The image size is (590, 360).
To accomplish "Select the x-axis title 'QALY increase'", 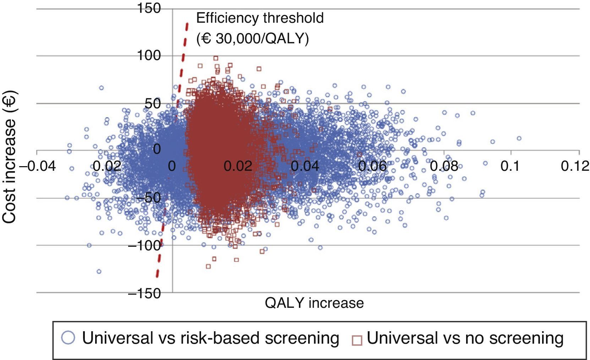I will coord(314,303).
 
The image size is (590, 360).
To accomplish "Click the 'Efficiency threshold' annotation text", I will coord(260,18).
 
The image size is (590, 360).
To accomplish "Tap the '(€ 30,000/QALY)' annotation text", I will coord(252,38).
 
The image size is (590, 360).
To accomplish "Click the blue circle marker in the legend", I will coord(68,338).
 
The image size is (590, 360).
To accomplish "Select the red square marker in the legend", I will coord(357,340).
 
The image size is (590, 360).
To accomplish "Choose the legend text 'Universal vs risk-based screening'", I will coord(211,338).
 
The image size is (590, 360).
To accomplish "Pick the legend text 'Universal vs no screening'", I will coord(465,338).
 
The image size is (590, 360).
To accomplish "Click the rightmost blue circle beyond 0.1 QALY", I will coord(519,138).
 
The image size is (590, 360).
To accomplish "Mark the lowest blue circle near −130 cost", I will coord(99,272).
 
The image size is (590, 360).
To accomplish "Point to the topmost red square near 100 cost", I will coord(215,58).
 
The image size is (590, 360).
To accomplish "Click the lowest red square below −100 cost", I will coord(208,266).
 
